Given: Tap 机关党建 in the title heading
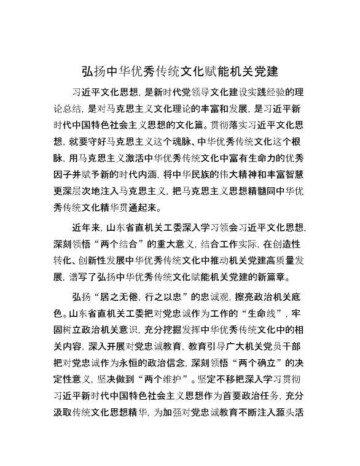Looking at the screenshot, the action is (256, 71).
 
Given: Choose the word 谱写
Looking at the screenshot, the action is (84, 275).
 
